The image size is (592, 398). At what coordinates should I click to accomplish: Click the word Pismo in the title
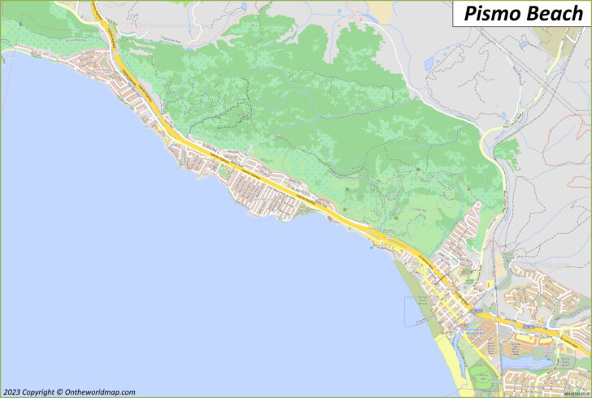(x=490, y=13)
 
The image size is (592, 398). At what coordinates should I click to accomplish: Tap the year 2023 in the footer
(x=14, y=391)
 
